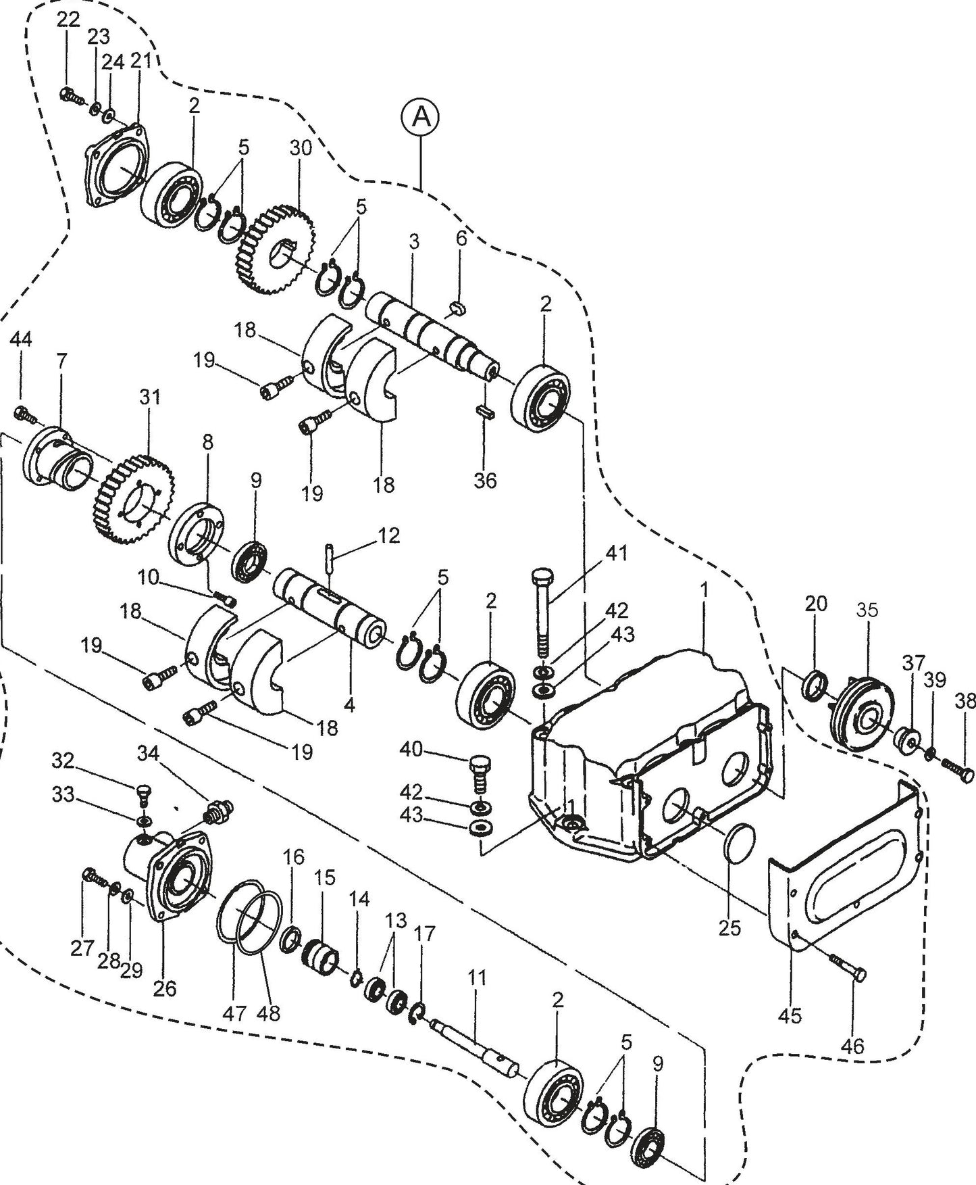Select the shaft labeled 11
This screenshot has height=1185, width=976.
click(473, 1041)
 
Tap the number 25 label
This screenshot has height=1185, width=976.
click(729, 927)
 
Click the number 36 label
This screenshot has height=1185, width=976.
click(485, 481)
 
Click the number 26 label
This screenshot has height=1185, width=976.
click(164, 988)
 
